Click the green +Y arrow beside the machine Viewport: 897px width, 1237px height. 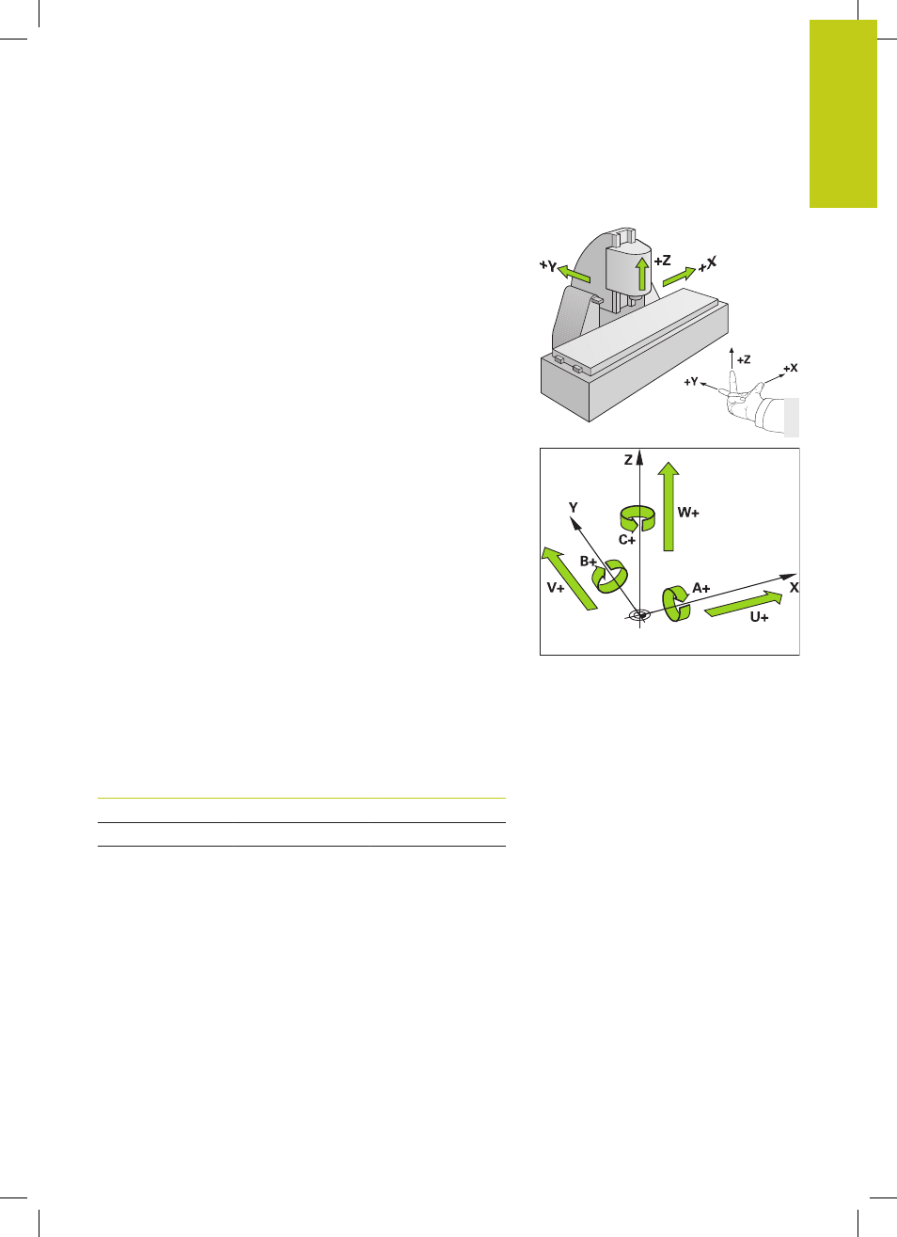[x=574, y=274]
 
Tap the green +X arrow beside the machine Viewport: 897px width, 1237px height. [x=680, y=277]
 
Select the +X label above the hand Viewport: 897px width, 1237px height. [x=791, y=368]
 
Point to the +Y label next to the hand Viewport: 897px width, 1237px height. [x=691, y=382]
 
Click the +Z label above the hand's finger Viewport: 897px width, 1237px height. [x=744, y=359]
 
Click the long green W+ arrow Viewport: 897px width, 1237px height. [x=669, y=506]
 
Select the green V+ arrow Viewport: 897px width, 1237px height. [x=569, y=579]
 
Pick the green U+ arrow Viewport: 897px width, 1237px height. [x=744, y=604]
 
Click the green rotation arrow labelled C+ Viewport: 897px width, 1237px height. [x=637, y=518]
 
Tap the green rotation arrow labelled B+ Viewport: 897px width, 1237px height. [x=610, y=577]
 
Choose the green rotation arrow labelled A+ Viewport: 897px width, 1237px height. [x=676, y=604]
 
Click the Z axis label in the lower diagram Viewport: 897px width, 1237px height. [x=628, y=460]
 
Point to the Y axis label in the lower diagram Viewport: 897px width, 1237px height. [x=574, y=507]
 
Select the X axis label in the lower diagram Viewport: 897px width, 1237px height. [x=794, y=588]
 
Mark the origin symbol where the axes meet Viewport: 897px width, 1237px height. [x=639, y=615]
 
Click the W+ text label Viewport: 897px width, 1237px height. [x=688, y=513]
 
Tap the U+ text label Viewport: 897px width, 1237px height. [x=759, y=617]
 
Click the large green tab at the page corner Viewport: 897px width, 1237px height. [x=843, y=114]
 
